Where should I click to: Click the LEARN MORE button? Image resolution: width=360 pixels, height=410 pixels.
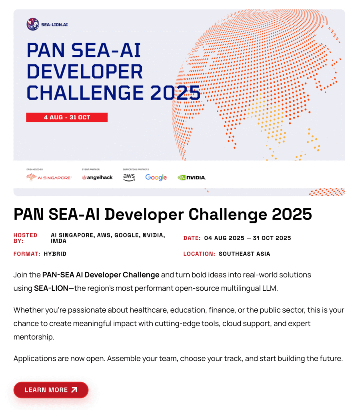pyautogui.click(x=51, y=390)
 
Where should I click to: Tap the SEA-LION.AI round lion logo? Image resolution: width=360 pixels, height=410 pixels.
pyautogui.click(x=33, y=24)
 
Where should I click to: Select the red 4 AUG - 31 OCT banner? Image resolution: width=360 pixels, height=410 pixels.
pyautogui.click(x=67, y=117)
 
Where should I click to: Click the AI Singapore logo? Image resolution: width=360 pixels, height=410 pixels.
pyautogui.click(x=49, y=177)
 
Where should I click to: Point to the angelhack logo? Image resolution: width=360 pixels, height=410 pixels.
pyautogui.click(x=97, y=177)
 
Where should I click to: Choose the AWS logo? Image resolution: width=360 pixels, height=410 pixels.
pyautogui.click(x=129, y=177)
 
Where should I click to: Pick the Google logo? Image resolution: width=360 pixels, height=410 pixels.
pyautogui.click(x=156, y=177)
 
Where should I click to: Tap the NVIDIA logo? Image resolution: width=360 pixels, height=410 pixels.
pyautogui.click(x=192, y=177)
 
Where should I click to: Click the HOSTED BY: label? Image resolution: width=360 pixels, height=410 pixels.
pyautogui.click(x=25, y=238)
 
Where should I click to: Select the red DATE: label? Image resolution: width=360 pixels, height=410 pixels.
pyautogui.click(x=192, y=238)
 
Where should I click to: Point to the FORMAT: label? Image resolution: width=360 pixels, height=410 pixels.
pyautogui.click(x=27, y=253)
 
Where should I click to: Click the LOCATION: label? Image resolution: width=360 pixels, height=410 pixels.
pyautogui.click(x=199, y=253)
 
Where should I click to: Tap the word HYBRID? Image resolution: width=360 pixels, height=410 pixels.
pyautogui.click(x=55, y=253)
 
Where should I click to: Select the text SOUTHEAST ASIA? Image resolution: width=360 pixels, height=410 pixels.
pyautogui.click(x=244, y=253)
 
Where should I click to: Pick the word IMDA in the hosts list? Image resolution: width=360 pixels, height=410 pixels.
pyautogui.click(x=58, y=241)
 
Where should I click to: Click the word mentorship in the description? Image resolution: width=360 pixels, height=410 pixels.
pyautogui.click(x=34, y=337)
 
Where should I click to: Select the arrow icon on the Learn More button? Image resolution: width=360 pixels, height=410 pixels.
pyautogui.click(x=74, y=390)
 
